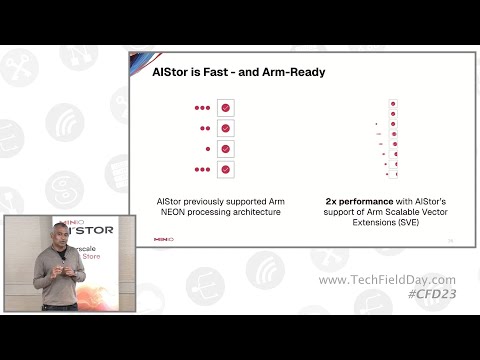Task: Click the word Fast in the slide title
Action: (x=205, y=73)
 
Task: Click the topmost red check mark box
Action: (x=226, y=107)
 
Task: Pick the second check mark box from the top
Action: (x=226, y=128)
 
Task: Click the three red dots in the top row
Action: (x=203, y=107)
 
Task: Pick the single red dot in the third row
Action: (x=208, y=148)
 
